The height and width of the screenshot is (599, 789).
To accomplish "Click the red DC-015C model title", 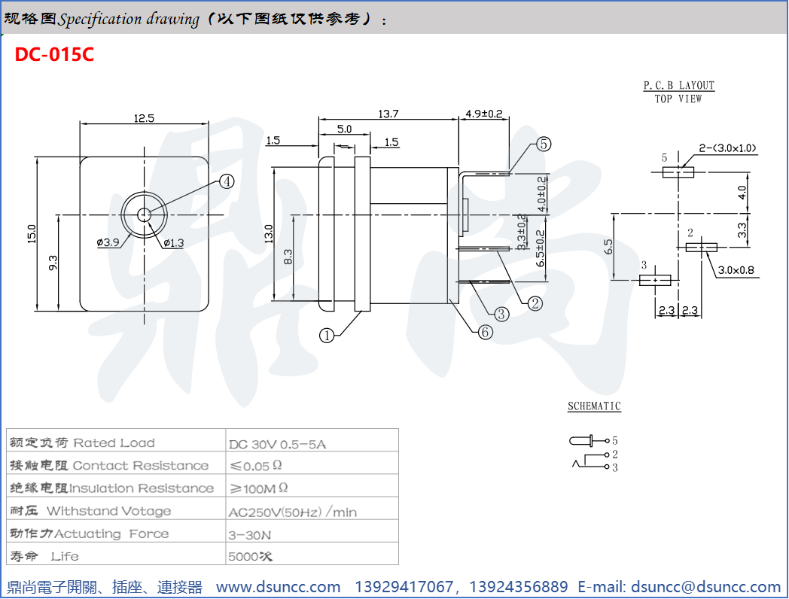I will click(54, 55).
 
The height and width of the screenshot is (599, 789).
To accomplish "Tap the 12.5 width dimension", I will click(144, 117).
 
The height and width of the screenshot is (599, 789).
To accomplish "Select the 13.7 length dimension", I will click(388, 114).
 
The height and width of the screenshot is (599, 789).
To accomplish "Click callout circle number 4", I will click(227, 181).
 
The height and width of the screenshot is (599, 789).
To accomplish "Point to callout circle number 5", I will click(544, 144).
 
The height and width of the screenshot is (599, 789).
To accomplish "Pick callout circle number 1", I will click(326, 336).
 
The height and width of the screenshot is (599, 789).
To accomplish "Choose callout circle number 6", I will click(486, 332).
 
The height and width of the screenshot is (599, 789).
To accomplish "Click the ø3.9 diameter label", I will click(108, 242).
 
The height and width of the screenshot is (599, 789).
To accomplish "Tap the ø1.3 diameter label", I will click(173, 242).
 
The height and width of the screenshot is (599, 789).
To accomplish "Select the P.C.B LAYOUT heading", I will click(678, 86).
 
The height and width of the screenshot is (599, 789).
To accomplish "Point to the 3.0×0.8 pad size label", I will click(736, 269).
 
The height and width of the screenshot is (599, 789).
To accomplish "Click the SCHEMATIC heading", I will click(594, 406).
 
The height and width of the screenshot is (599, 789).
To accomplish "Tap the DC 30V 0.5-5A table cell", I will click(278, 443).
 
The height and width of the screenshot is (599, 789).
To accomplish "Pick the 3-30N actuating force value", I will click(250, 534).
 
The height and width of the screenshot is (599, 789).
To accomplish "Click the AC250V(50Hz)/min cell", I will click(293, 512).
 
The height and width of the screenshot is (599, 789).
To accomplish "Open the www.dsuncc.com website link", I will click(278, 587).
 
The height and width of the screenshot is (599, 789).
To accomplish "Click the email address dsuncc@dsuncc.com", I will click(705, 587).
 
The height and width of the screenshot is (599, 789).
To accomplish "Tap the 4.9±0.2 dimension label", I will click(484, 114).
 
